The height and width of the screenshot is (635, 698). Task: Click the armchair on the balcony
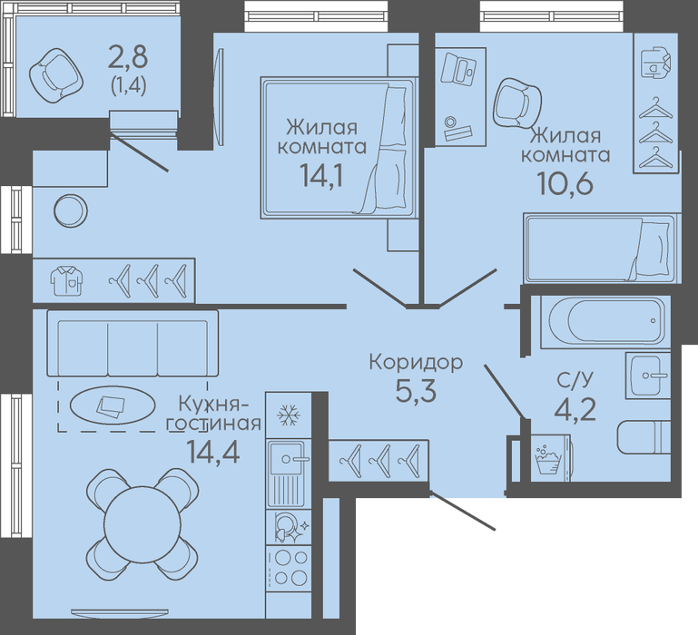tap(56, 76)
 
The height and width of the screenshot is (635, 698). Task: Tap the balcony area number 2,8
tap(128, 58)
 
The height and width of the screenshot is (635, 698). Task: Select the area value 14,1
tap(322, 175)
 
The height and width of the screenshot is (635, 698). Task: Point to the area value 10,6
tap(565, 183)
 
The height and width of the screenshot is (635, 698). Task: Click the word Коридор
tap(417, 363)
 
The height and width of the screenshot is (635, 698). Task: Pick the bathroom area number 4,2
tap(575, 409)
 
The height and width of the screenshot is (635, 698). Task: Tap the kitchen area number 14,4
tap(213, 451)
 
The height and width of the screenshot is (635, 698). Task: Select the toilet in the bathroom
tap(644, 436)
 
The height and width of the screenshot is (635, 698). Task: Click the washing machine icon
tap(549, 459)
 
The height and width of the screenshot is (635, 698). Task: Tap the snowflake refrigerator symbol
tap(289, 415)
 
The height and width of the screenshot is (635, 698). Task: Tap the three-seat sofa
tap(133, 344)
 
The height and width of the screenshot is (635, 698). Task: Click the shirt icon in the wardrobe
tap(67, 280)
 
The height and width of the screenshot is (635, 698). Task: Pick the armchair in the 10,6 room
tap(517, 103)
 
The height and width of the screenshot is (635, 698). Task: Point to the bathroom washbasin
tap(648, 376)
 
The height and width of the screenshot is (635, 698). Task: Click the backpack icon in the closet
tap(655, 63)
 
